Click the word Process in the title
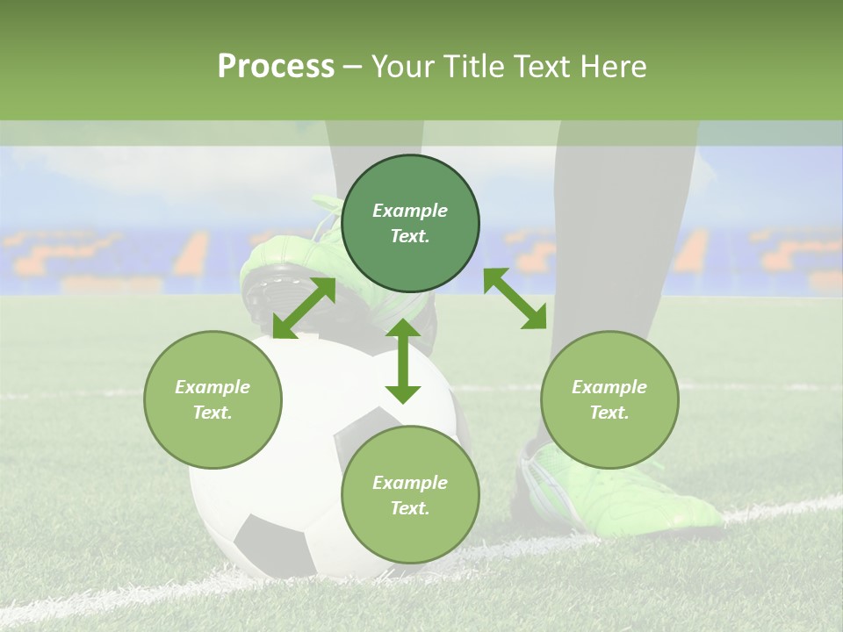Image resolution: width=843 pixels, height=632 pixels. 276,67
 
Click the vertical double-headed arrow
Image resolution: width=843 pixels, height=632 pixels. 403,361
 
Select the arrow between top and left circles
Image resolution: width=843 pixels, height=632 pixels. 304,307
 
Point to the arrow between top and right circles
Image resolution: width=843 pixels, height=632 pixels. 515,298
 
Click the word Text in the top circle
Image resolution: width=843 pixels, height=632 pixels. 409,236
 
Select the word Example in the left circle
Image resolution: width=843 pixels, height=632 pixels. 213,387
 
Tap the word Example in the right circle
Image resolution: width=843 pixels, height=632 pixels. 609,387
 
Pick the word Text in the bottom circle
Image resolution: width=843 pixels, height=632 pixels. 409,508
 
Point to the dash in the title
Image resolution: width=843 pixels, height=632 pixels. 353,67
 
